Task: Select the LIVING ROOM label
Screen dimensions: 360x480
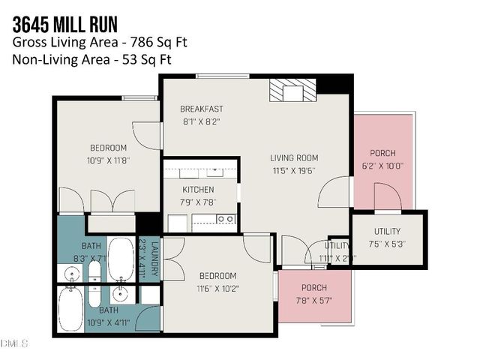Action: [295, 158]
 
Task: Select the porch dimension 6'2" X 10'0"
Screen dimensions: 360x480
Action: [383, 166]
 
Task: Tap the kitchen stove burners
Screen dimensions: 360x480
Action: [223, 219]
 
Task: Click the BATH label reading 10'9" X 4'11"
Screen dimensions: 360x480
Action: [108, 310]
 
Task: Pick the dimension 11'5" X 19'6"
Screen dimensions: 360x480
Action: [295, 170]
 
